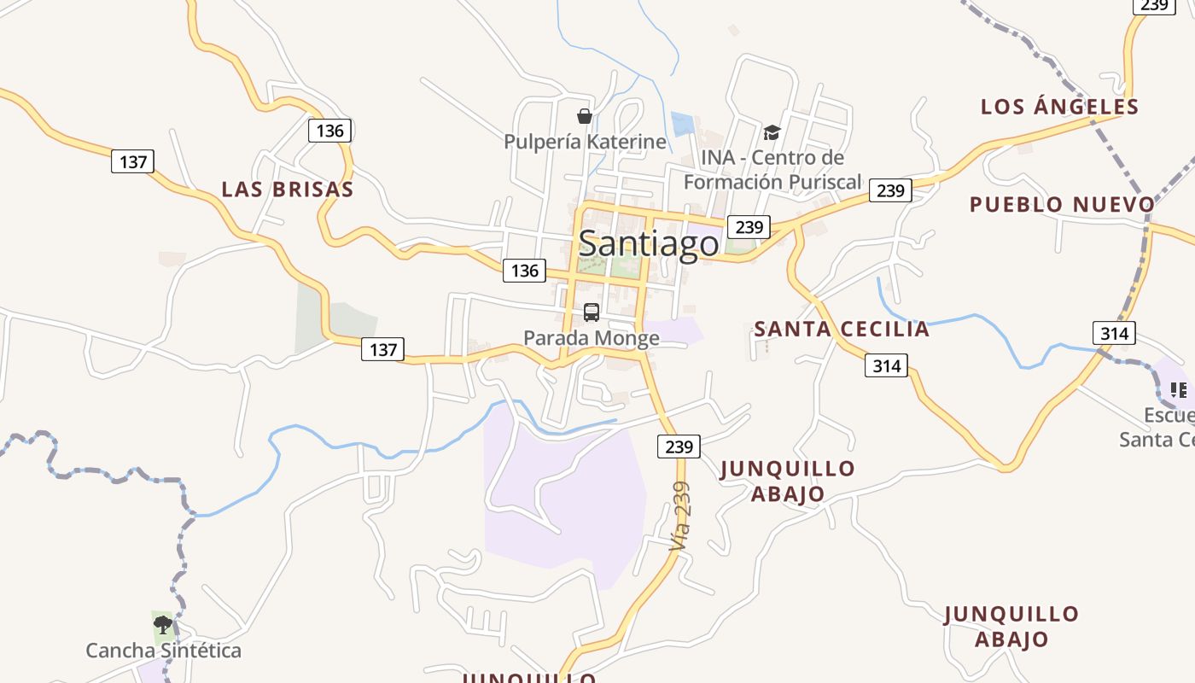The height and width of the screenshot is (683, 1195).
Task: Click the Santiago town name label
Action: (649, 244)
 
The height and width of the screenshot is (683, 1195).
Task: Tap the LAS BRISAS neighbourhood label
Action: (288, 190)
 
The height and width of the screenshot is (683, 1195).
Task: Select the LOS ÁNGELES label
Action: (1059, 107)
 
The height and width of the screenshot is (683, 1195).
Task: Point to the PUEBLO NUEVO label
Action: (1062, 205)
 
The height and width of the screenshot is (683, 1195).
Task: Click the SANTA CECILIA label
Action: (841, 330)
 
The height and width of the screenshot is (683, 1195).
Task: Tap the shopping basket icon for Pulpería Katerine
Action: (585, 116)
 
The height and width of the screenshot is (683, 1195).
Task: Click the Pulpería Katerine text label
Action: (585, 142)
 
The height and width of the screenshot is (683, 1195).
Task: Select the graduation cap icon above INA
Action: (772, 132)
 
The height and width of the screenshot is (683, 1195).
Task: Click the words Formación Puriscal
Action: (772, 182)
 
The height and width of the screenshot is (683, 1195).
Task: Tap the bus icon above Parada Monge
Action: (592, 312)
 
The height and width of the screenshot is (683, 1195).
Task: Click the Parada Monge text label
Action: (592, 338)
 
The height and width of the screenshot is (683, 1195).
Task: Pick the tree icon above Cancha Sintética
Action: (162, 625)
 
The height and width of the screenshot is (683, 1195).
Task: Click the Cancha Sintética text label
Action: (163, 651)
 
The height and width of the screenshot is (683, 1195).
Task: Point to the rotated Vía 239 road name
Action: (680, 516)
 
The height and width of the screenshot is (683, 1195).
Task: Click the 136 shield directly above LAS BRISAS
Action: (329, 131)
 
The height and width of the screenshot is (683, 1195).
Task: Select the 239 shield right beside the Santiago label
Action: (749, 227)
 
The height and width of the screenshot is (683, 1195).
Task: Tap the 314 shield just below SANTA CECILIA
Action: (887, 366)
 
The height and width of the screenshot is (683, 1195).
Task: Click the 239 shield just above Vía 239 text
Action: (679, 447)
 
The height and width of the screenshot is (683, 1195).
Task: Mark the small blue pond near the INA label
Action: (682, 125)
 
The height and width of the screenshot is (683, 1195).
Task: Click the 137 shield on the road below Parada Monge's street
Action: (382, 349)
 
